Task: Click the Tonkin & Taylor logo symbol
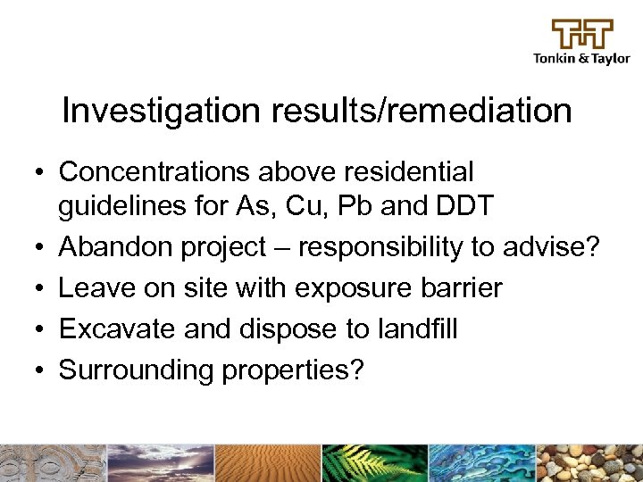[582, 34]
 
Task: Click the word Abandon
[116, 247]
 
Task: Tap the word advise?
[561, 247]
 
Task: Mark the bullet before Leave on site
[42, 289]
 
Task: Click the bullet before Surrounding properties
[42, 371]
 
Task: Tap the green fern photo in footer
[375, 463]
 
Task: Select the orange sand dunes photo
[268, 463]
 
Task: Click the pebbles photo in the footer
[589, 463]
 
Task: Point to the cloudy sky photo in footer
[161, 463]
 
